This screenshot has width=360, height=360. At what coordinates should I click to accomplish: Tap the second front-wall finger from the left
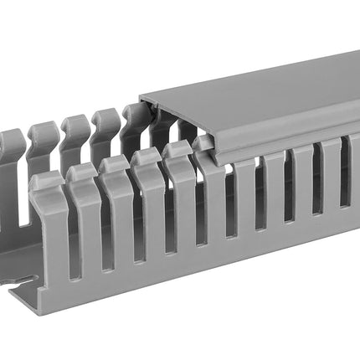[x=84, y=213]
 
